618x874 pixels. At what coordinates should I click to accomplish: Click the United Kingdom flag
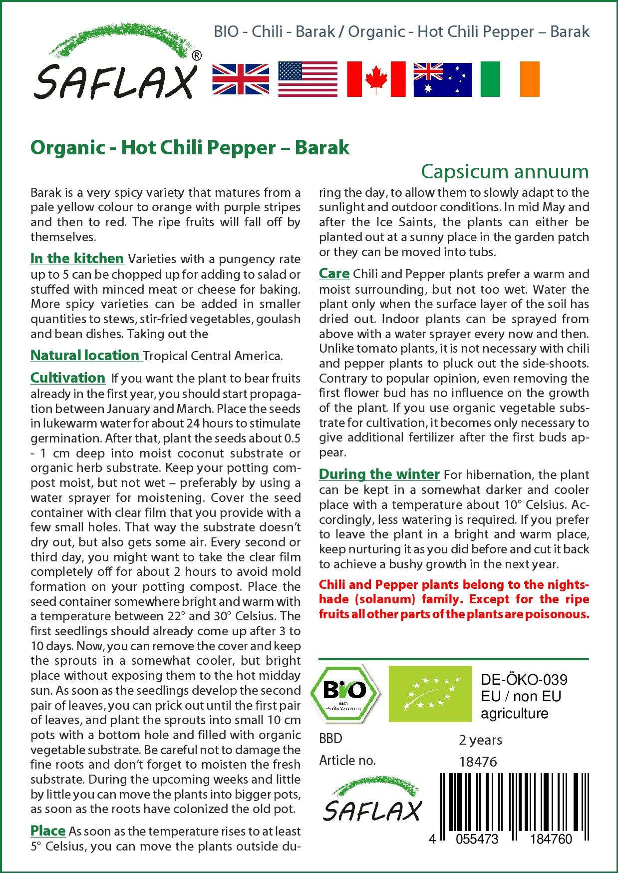click(241, 79)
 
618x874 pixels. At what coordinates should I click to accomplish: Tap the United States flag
click(308, 79)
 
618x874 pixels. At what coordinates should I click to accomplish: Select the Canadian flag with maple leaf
click(376, 79)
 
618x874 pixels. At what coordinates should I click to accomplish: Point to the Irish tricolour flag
click(510, 79)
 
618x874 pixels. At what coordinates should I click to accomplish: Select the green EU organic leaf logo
click(430, 694)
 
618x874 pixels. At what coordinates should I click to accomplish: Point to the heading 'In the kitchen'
click(77, 259)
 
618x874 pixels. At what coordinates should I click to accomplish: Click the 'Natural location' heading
click(85, 356)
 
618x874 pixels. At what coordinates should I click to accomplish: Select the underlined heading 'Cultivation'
click(68, 378)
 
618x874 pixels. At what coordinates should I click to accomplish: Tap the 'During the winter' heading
click(379, 474)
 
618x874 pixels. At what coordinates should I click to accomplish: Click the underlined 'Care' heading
click(334, 274)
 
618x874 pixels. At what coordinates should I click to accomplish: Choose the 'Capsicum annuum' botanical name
click(505, 171)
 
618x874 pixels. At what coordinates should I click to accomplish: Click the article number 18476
click(478, 762)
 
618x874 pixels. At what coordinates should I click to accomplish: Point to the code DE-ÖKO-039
click(524, 680)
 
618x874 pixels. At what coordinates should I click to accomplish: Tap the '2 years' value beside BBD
click(480, 740)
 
